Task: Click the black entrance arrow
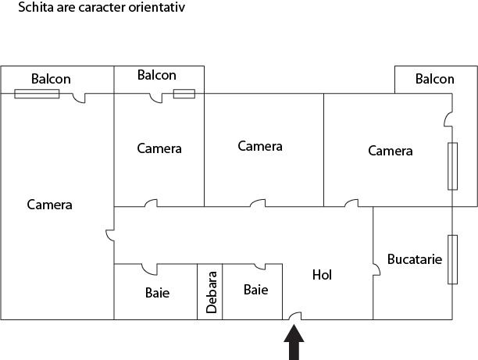(294, 344)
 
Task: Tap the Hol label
(323, 275)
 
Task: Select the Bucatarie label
(415, 259)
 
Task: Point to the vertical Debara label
(211, 292)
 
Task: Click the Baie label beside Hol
(255, 290)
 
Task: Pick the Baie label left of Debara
(157, 294)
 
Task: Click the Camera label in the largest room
(49, 205)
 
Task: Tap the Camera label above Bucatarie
(390, 151)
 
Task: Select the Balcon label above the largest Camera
(51, 79)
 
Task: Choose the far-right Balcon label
(434, 79)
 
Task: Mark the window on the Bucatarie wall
(452, 260)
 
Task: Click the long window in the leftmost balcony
(36, 94)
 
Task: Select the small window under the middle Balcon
(184, 94)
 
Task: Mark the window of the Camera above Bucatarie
(452, 166)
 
